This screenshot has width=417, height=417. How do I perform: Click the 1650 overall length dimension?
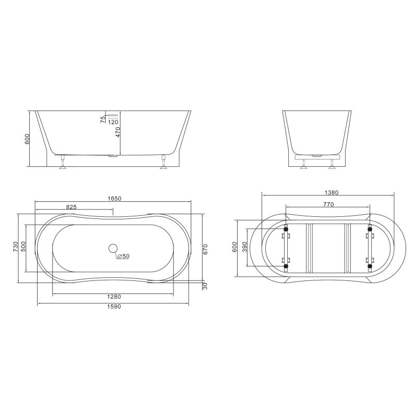[x=114, y=199]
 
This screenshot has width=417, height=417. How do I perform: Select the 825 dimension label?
[x=71, y=207]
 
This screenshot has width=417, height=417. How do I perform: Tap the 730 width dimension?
[x=16, y=247]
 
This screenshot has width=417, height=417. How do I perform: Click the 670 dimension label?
[x=205, y=250]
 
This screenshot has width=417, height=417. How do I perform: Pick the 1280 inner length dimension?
[x=114, y=297]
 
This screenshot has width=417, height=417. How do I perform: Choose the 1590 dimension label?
[x=114, y=306]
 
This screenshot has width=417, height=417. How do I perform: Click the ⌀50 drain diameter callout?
[x=123, y=256]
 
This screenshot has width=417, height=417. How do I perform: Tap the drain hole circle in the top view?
[x=113, y=248]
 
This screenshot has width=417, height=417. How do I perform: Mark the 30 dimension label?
[x=205, y=286]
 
